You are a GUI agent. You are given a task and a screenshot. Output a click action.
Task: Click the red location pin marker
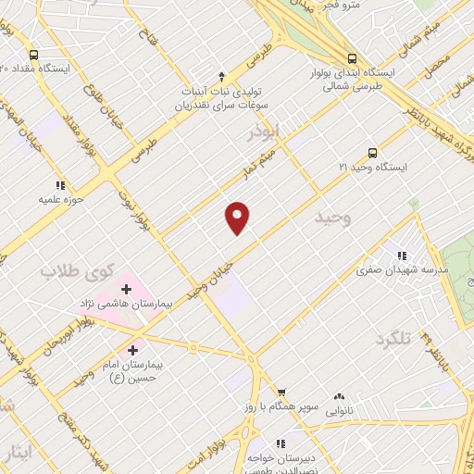[x=238, y=217]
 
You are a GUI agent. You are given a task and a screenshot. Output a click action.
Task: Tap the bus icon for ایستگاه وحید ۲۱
[x=372, y=154]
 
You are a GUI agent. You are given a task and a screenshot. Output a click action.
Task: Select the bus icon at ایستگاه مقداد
[x=33, y=55]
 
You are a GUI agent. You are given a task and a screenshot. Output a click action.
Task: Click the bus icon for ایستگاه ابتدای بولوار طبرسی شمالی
[x=349, y=58]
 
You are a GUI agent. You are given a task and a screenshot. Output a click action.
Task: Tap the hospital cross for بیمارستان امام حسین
[x=134, y=351]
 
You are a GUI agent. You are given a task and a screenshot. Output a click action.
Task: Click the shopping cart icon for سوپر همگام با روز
[x=281, y=393]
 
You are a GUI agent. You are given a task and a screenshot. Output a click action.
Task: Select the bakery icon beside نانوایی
[x=338, y=395]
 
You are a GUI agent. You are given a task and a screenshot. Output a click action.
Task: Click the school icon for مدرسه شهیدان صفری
[x=401, y=255]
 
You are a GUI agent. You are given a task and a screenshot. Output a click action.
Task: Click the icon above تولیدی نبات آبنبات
[x=220, y=76]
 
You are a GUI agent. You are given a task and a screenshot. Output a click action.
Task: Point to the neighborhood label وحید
[x=334, y=218]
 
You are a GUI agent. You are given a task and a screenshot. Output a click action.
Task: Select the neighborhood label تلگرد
[x=393, y=339]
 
